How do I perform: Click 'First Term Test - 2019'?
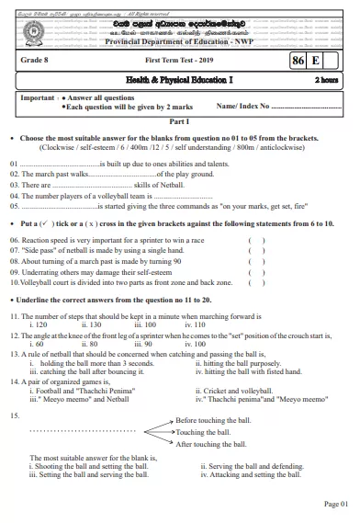pyautogui.click(x=180, y=59)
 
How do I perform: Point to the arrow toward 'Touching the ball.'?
pyautogui.click(x=159, y=431)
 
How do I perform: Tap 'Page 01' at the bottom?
pyautogui.click(x=336, y=504)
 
